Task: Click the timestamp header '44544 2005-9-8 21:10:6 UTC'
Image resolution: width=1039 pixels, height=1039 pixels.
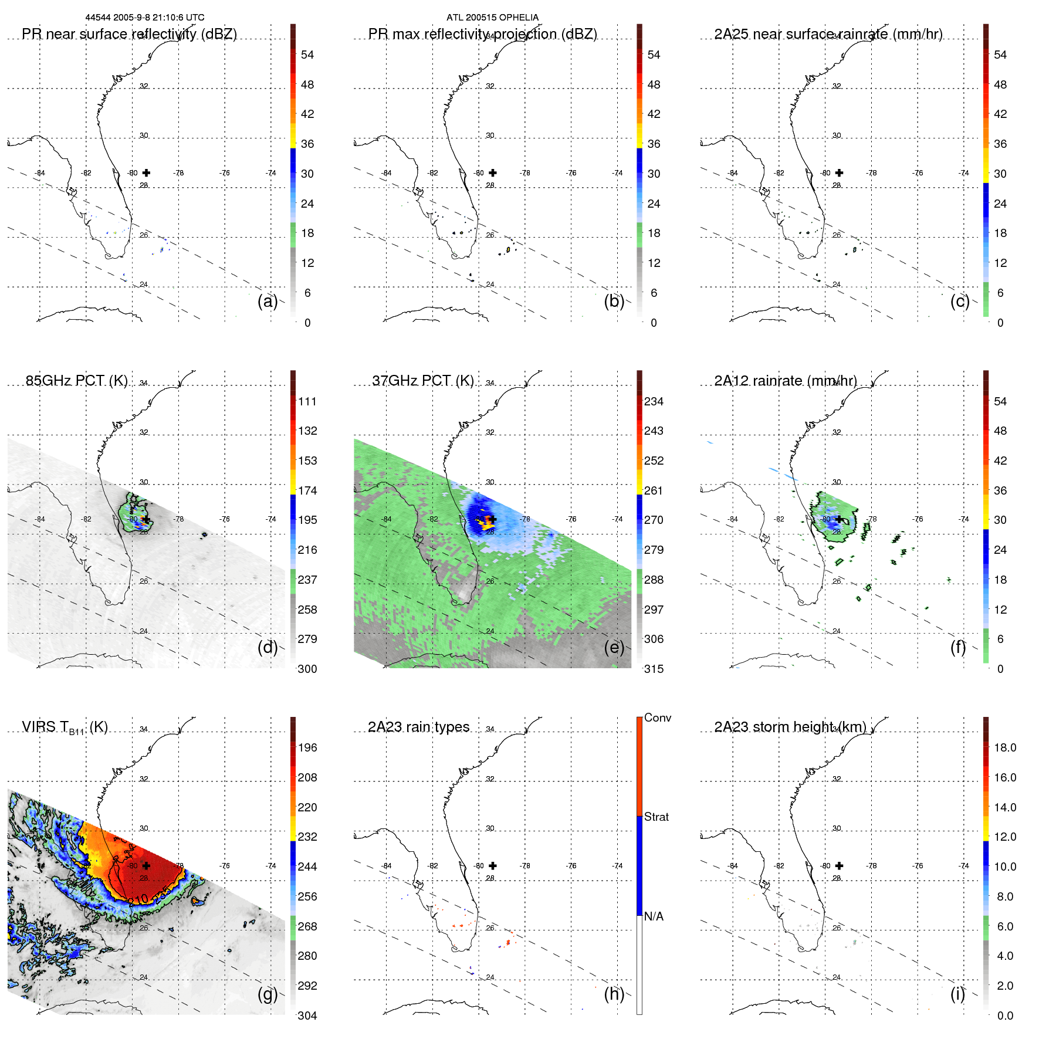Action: coord(145,18)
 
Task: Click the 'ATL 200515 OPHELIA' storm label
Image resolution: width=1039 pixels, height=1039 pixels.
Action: coord(492,18)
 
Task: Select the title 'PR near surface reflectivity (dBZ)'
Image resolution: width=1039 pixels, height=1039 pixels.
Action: coord(129,34)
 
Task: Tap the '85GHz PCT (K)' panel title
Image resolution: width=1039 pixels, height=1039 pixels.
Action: coord(76,381)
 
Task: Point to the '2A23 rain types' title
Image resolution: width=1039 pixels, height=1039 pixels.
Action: coord(418,727)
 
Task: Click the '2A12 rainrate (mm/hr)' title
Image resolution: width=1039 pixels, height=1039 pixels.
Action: coord(785,381)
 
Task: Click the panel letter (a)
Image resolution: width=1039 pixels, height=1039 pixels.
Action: coord(267,301)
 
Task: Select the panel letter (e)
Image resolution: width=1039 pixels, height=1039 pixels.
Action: coord(614,647)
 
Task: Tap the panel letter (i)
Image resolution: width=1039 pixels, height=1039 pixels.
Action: coord(957,994)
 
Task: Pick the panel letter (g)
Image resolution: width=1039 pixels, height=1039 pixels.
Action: coord(267,994)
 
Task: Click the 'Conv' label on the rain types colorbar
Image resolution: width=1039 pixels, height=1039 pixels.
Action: coord(658,718)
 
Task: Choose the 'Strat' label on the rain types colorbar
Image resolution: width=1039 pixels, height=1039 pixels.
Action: coord(656,817)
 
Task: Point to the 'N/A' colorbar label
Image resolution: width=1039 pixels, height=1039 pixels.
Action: coord(654,916)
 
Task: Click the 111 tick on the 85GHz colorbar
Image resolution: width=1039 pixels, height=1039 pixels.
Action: coord(307,401)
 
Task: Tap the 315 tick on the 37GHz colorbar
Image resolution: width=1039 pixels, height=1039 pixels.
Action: coord(654,669)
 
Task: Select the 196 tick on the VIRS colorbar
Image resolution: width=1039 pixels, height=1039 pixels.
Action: coord(307,747)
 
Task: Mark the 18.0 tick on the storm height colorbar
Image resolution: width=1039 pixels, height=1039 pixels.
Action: coord(1004,747)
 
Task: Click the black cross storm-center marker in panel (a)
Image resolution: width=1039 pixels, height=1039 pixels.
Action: coord(146,172)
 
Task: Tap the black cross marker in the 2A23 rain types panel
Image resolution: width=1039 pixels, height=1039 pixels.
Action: coord(493,865)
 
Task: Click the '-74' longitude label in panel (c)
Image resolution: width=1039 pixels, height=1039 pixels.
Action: coord(963,173)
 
